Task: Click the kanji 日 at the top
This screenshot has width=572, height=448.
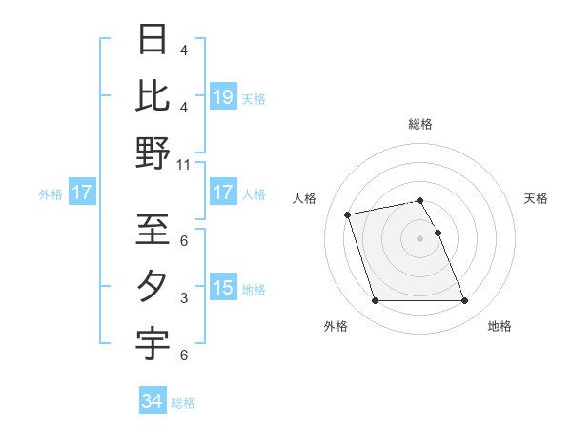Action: [153, 41]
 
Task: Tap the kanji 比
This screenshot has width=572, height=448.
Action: [153, 96]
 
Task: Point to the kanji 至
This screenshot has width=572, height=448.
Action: [153, 232]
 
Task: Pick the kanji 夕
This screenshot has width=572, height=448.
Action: [153, 287]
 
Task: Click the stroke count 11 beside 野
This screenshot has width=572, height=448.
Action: [184, 164]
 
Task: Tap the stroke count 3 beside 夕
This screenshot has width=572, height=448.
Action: [184, 298]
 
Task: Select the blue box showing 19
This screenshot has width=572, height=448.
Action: [223, 97]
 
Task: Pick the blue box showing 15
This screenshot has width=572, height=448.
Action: [223, 287]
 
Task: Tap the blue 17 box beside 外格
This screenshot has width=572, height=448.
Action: [81, 193]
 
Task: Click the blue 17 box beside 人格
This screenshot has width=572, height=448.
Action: [223, 193]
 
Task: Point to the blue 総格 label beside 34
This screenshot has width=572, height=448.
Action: [183, 403]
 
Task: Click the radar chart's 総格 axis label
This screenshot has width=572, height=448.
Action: [420, 124]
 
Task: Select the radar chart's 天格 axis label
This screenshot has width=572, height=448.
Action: [537, 198]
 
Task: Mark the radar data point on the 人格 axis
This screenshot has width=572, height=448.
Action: [348, 214]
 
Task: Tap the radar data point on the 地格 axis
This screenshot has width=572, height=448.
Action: [464, 301]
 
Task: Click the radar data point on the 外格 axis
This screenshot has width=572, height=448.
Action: [375, 301]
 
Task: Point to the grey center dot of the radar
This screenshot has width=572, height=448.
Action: [419, 238]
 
